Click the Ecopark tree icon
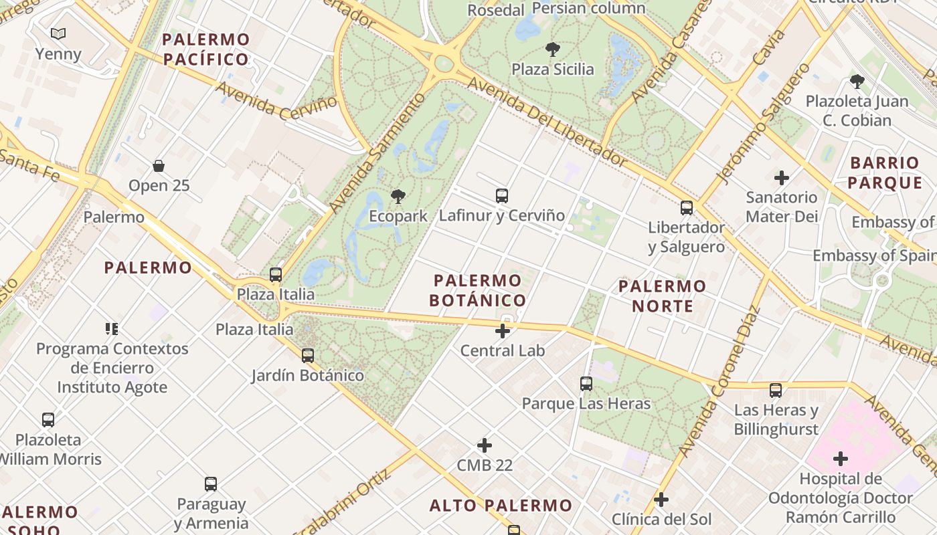click(398, 196)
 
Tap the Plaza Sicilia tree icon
click(553, 49)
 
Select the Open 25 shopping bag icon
click(159, 166)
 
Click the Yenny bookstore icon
click(58, 33)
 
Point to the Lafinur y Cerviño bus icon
click(502, 196)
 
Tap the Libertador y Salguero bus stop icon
click(687, 208)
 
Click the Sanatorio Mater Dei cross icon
click(781, 178)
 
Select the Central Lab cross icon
click(503, 331)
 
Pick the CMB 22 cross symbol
click(485, 445)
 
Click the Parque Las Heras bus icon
click(586, 384)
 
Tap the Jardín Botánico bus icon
click(308, 356)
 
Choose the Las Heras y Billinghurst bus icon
click(776, 391)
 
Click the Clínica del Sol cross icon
click(661, 500)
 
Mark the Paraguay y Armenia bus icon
click(211, 484)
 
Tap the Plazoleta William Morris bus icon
click(48, 420)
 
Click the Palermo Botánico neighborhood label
click(477, 290)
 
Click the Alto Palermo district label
click(501, 506)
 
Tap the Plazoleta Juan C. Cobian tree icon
click(857, 82)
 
